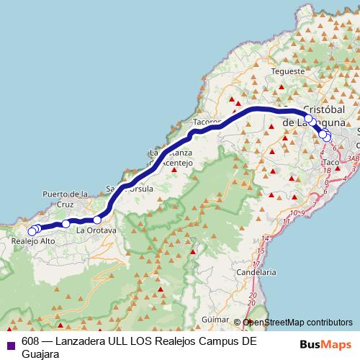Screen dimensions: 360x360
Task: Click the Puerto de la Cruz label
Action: pos(65,199)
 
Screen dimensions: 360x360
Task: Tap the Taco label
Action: pos(331,163)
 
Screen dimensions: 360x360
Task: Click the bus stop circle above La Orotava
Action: pos(97,220)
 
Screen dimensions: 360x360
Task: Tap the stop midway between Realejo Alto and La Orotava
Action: pos(66,224)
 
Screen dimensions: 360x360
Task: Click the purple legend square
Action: pos(10,342)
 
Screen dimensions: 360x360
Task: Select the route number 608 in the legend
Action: pos(31,341)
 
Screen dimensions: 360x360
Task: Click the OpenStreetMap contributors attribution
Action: pos(297,323)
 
